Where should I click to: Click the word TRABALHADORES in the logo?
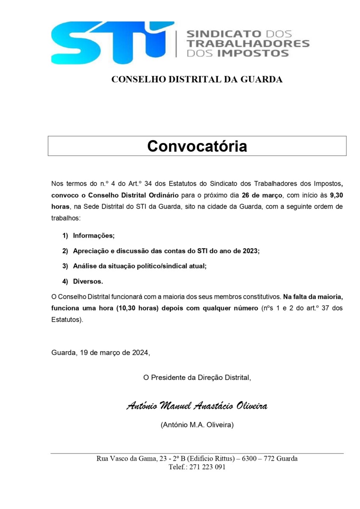pos(248,43)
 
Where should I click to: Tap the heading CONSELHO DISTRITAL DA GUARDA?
pos(197,79)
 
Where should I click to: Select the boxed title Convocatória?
pos(197,146)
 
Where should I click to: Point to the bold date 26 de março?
pos(261,196)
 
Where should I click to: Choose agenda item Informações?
pos(94,235)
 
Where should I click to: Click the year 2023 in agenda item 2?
pos(251,251)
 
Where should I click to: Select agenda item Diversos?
pos(88,281)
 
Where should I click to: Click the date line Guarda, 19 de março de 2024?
pos(100,352)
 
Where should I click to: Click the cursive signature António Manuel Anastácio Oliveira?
pos(197,406)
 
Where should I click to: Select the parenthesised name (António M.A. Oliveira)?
pos(197,425)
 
